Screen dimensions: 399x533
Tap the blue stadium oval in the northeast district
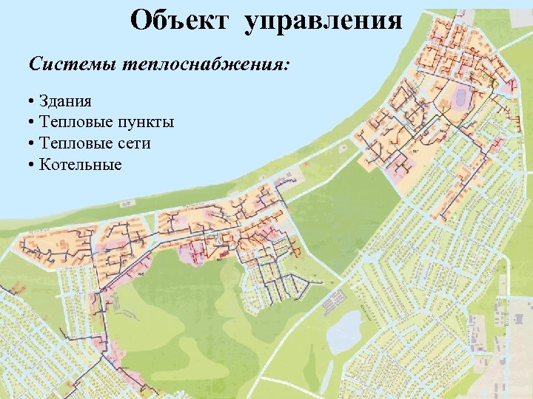[x=461, y=96]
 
